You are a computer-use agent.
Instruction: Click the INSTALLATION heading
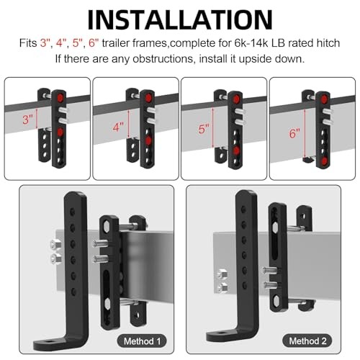coord(180,20)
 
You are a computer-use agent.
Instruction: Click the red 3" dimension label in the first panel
coord(28,120)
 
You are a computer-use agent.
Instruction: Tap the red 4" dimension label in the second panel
coord(118,127)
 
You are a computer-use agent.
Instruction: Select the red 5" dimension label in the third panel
coord(204,129)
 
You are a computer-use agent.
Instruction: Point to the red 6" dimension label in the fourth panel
coord(294,133)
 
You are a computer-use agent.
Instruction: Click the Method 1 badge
coord(142,341)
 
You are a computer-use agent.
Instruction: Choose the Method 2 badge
coord(307,341)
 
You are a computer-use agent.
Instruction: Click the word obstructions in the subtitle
coord(163,59)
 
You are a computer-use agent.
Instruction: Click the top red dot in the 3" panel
coord(60,97)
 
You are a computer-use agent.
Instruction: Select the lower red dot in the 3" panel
coord(60,132)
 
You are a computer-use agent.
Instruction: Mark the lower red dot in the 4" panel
coord(148,140)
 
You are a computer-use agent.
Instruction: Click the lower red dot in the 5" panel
coord(236,150)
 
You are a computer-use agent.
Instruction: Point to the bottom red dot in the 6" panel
coord(325,161)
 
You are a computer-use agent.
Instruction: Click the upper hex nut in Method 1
coord(55,245)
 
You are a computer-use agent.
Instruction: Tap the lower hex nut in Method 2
coord(222,287)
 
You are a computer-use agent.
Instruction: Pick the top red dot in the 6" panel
coord(325,99)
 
